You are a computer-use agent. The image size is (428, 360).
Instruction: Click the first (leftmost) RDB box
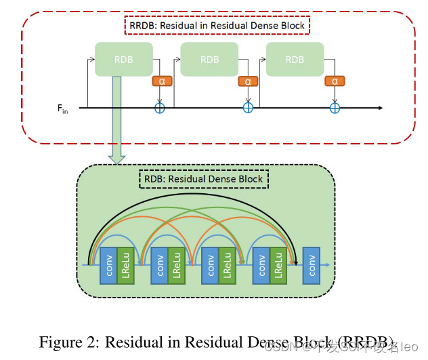(123, 60)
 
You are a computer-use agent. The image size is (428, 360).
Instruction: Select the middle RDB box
(209, 60)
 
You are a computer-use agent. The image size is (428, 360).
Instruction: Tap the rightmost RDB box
(295, 60)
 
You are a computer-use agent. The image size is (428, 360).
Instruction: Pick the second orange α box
(248, 81)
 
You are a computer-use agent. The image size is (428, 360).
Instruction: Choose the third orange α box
(334, 81)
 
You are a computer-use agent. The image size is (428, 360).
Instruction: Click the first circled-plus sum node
(160, 108)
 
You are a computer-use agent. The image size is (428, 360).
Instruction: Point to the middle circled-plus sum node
(248, 108)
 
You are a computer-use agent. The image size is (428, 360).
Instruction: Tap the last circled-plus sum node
(334, 108)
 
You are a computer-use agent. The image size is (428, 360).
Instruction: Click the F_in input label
(63, 108)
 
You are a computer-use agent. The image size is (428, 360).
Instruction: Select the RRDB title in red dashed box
(217, 26)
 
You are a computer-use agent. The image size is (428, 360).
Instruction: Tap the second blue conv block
(159, 265)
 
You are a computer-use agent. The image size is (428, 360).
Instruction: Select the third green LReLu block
(228, 265)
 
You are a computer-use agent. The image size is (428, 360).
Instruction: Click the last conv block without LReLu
(312, 265)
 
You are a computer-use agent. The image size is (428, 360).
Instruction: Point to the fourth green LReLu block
(278, 265)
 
